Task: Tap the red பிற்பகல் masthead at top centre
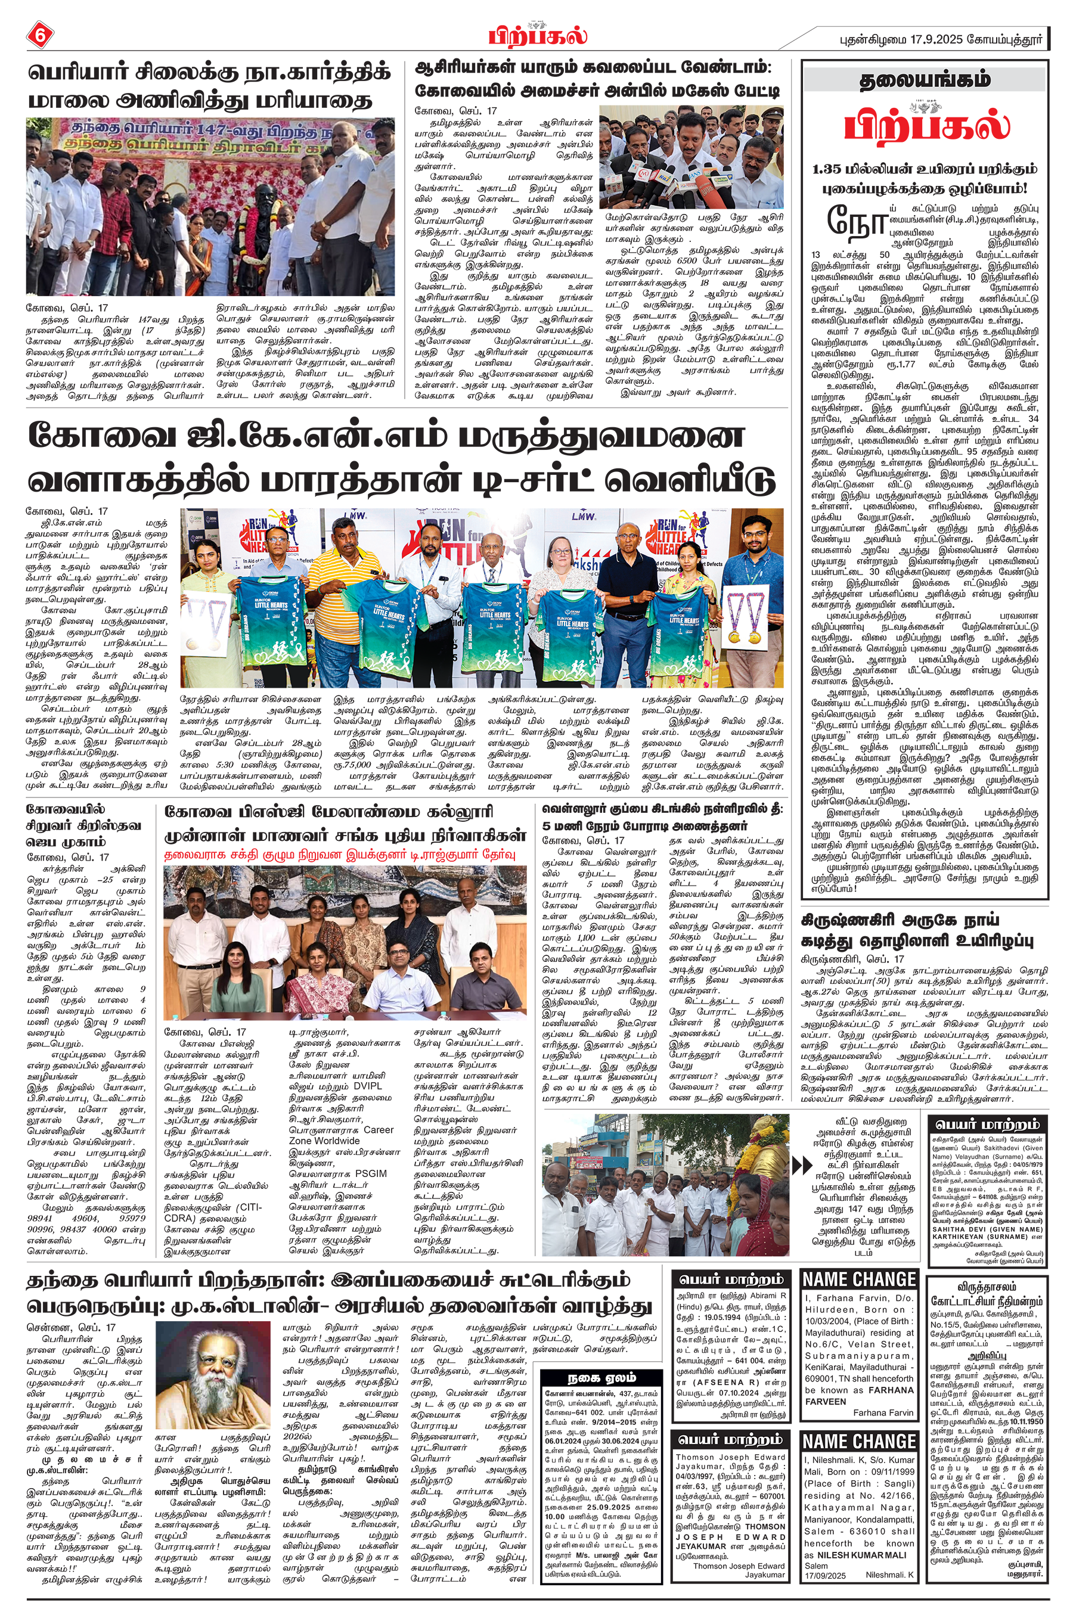point(537,34)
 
